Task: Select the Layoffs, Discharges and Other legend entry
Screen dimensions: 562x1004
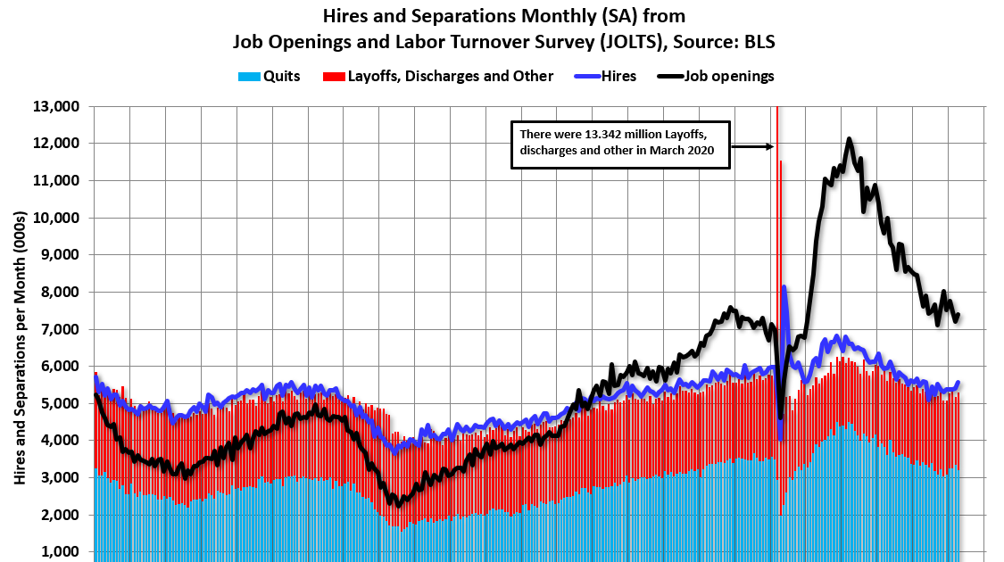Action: (442, 77)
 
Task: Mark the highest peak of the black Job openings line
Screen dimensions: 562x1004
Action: (849, 139)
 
